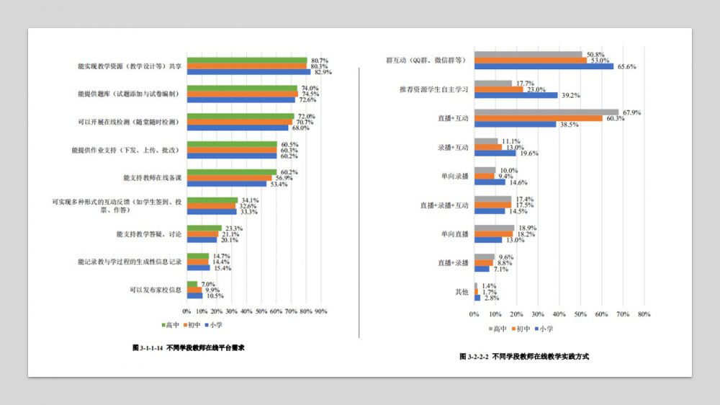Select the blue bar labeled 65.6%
tap(544, 66)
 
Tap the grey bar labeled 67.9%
tap(546, 112)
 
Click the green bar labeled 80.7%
tap(247, 61)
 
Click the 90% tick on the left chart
tap(321, 311)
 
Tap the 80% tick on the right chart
tap(644, 314)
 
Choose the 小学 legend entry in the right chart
tap(544, 329)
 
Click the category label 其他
tap(461, 291)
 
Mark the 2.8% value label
tap(491, 298)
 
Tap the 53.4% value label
tap(277, 184)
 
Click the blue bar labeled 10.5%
tap(194, 295)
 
